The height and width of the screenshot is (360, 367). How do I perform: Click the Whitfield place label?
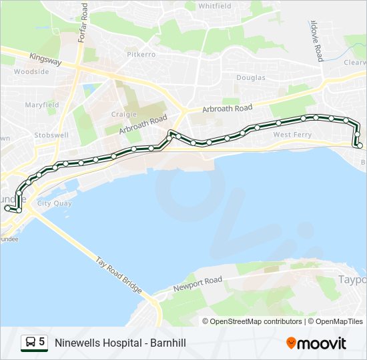[x=214, y=6]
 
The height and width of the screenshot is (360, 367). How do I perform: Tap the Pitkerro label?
[x=141, y=53]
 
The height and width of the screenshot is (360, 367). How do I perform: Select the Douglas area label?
[x=251, y=78]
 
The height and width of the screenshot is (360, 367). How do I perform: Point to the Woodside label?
[x=31, y=71]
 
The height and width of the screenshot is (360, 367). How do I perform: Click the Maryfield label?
[x=42, y=105]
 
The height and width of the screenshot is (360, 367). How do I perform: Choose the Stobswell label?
[x=51, y=135]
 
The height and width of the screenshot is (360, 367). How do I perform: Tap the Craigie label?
[x=124, y=114]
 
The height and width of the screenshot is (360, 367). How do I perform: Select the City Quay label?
[x=55, y=203]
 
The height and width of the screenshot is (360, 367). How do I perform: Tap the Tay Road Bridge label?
[x=119, y=275]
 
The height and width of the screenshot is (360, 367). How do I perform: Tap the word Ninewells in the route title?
[x=77, y=343]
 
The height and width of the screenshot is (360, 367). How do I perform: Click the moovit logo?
[x=316, y=343]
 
